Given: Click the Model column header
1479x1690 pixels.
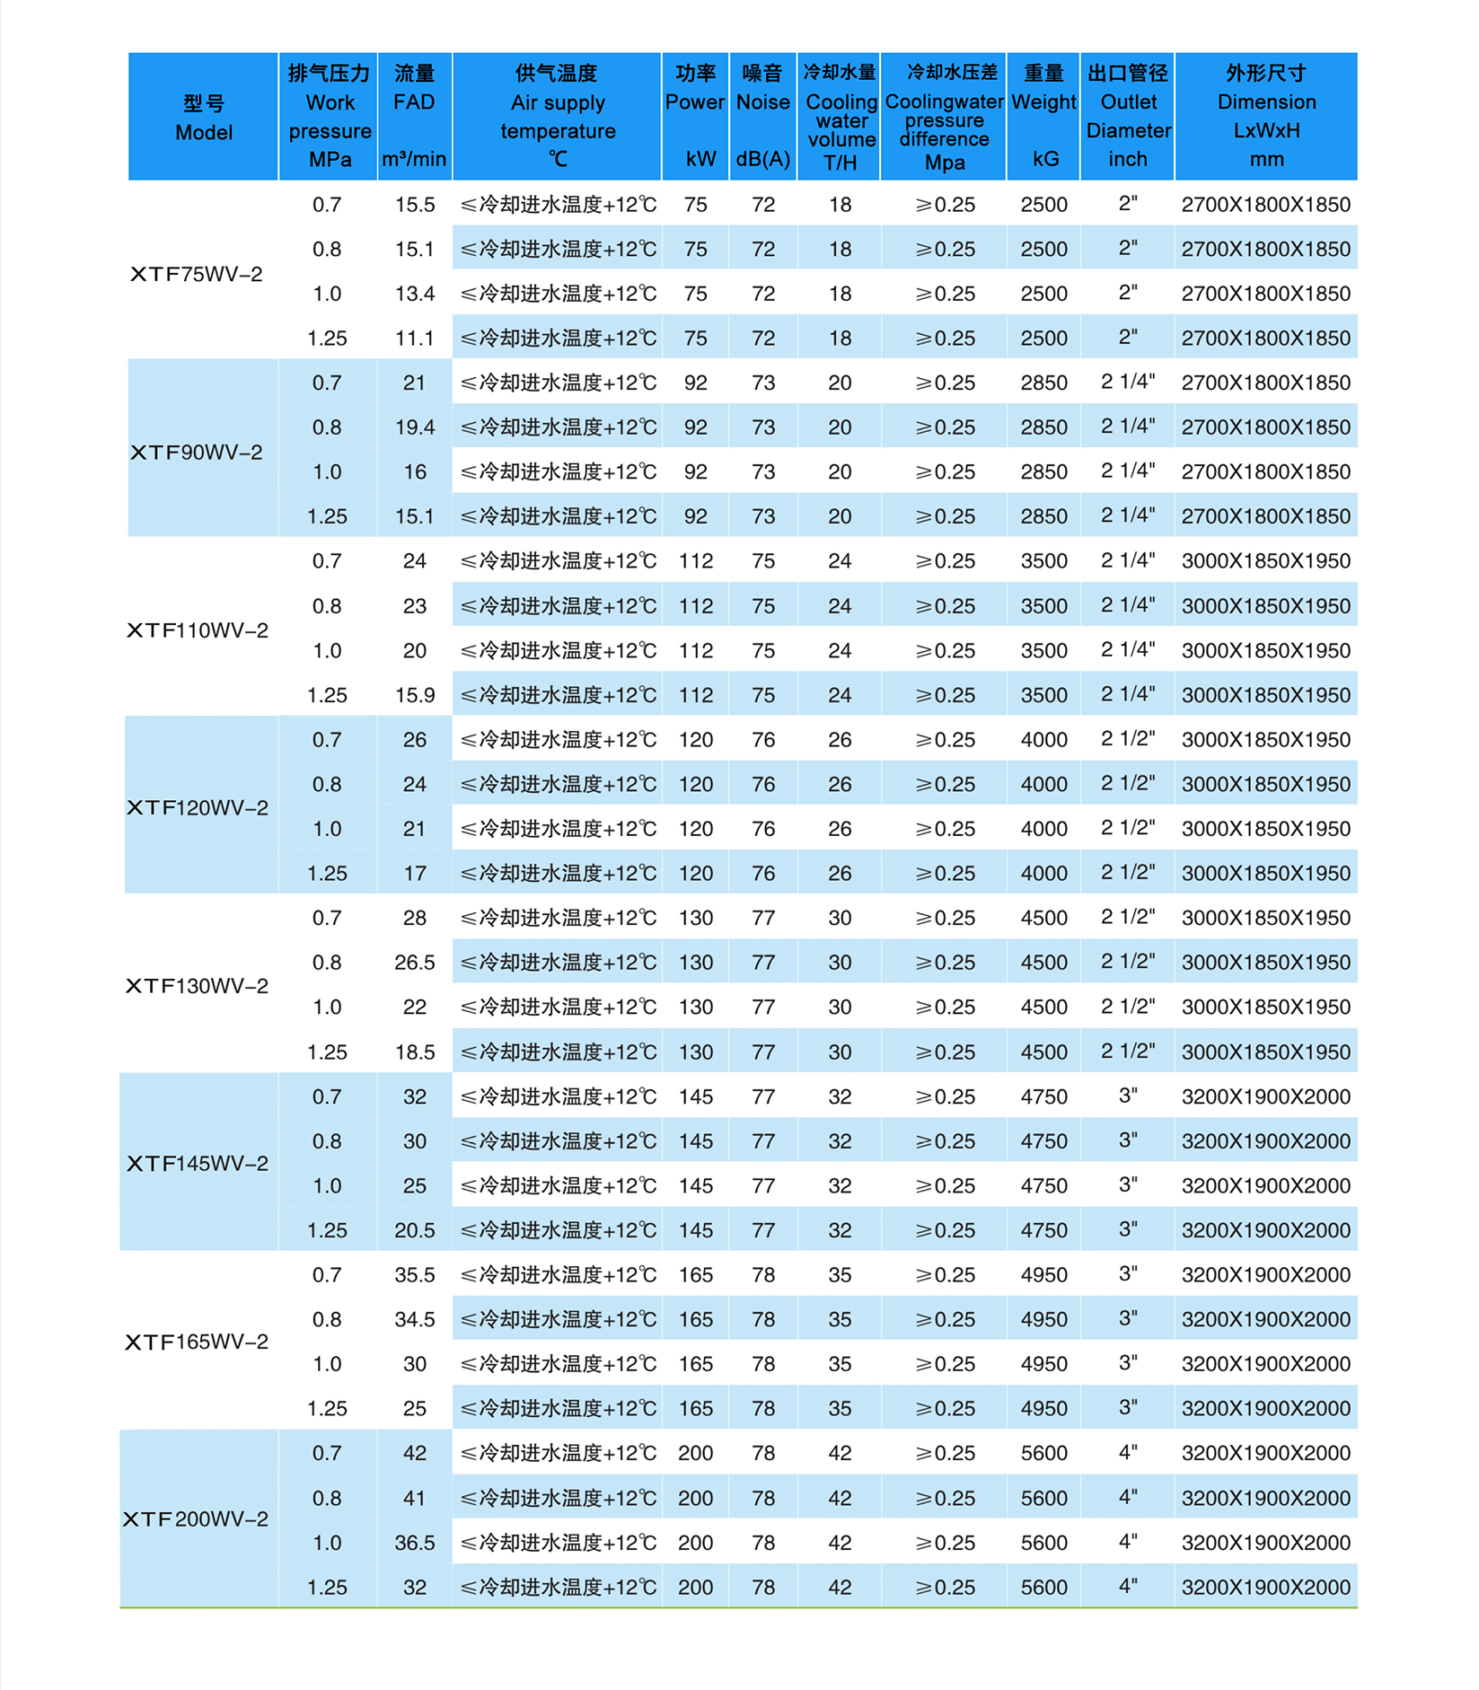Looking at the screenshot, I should click(204, 118).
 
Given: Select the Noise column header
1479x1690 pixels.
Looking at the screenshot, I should click(762, 117).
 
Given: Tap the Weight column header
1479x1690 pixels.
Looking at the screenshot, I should click(1043, 117).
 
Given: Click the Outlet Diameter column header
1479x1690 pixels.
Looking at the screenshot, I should click(1128, 117).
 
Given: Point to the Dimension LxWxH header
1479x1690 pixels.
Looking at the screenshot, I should click(1266, 117).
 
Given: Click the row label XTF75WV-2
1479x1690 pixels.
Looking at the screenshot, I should click(197, 274).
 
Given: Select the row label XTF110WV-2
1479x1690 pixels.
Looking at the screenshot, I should click(198, 630).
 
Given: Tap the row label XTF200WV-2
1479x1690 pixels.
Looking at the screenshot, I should click(196, 1519).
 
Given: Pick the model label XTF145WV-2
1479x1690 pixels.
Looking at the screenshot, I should click(198, 1164).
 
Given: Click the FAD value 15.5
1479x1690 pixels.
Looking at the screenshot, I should click(415, 205).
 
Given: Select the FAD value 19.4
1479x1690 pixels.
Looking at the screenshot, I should click(415, 427).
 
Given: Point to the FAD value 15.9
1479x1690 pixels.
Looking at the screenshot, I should click(415, 695).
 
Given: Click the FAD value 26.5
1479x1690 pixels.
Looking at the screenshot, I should click(415, 963).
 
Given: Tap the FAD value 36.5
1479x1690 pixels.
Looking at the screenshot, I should click(415, 1543).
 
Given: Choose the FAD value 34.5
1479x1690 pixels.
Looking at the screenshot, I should click(415, 1319).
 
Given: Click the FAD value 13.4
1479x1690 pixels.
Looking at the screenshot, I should click(415, 294).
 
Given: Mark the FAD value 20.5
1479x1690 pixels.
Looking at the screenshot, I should click(415, 1230).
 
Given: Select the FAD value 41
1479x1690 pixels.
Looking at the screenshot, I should click(415, 1498).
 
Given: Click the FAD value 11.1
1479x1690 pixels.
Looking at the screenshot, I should click(415, 339).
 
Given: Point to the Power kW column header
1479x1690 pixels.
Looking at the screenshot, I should click(695, 117).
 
